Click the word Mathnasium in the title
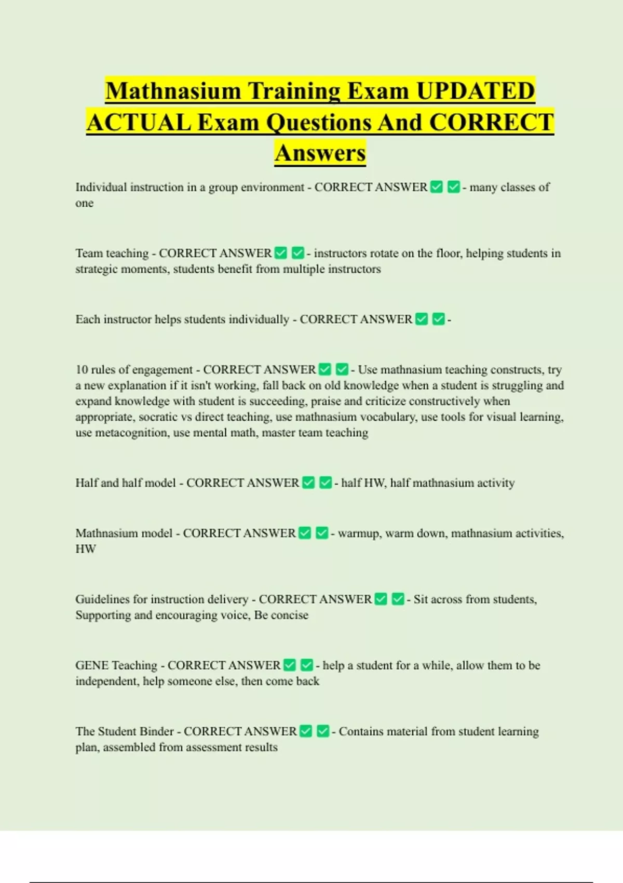click(173, 91)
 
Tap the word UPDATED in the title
click(475, 91)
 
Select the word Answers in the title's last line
click(320, 153)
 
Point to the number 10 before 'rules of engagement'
click(82, 370)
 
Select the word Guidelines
click(102, 599)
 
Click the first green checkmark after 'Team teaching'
click(281, 253)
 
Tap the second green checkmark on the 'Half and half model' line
click(326, 483)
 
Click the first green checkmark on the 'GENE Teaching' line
click(290, 665)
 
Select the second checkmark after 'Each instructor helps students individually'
click(439, 319)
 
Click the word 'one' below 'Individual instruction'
click(84, 203)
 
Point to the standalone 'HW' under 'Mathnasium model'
click(86, 549)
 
